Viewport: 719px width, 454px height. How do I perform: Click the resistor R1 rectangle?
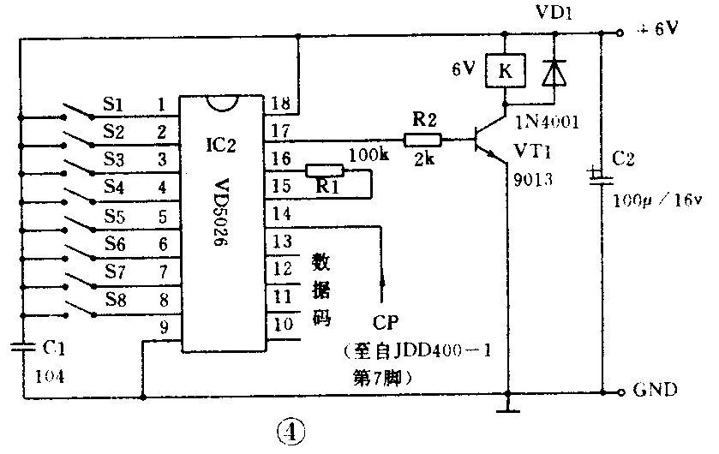(x=325, y=171)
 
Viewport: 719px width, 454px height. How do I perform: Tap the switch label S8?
(x=116, y=299)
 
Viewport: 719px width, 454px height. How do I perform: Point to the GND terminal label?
(x=656, y=391)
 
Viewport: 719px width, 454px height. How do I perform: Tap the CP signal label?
(x=385, y=324)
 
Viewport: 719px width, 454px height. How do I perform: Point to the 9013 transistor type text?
(x=532, y=181)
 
